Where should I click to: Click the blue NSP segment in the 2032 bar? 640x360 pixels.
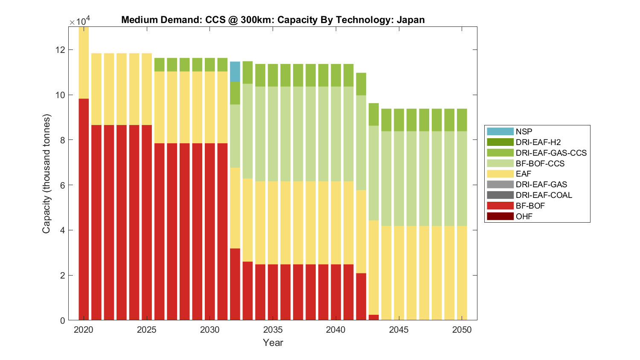pyautogui.click(x=235, y=72)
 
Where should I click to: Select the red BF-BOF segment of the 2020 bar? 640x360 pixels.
pyautogui.click(x=84, y=209)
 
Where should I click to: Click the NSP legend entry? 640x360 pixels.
pyautogui.click(x=524, y=132)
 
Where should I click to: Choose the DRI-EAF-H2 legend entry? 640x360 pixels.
pyautogui.click(x=538, y=142)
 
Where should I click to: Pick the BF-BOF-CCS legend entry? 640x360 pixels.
pyautogui.click(x=540, y=163)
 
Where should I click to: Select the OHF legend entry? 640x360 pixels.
pyautogui.click(x=524, y=216)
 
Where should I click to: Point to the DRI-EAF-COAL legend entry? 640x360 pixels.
pyautogui.click(x=544, y=195)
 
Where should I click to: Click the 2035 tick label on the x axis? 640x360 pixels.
pyautogui.click(x=273, y=330)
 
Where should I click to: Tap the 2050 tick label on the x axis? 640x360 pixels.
pyautogui.click(x=462, y=330)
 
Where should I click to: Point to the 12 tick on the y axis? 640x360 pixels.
pyautogui.click(x=60, y=50)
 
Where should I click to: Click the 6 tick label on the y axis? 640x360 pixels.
pyautogui.click(x=62, y=185)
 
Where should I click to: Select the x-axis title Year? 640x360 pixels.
pyautogui.click(x=273, y=343)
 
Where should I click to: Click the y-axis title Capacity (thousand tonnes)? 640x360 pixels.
pyautogui.click(x=46, y=174)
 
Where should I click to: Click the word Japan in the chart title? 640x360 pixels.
pyautogui.click(x=410, y=20)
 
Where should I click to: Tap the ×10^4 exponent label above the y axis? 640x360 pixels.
pyautogui.click(x=80, y=21)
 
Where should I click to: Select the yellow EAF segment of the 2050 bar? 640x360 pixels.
pyautogui.click(x=462, y=273)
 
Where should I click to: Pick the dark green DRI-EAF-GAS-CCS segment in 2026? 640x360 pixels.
pyautogui.click(x=159, y=65)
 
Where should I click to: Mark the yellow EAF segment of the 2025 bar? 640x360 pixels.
pyautogui.click(x=147, y=89)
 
